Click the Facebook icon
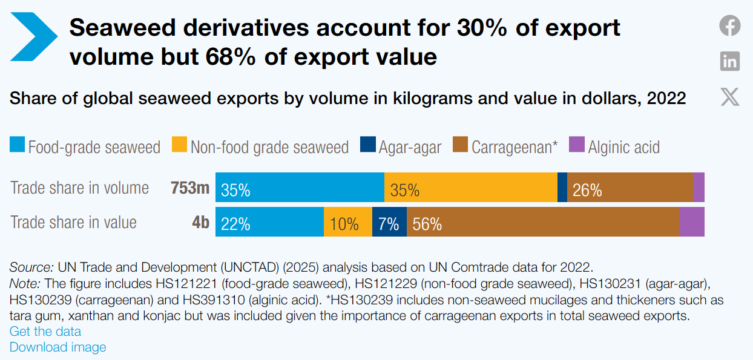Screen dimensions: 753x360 730,25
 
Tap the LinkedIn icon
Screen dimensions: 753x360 730,61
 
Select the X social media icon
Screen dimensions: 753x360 730,97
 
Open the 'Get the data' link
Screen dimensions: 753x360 45,332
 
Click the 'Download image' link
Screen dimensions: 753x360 58,347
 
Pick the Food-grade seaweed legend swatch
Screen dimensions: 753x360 17,144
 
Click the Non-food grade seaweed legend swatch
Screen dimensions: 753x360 179,144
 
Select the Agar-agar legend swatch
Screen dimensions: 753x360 368,144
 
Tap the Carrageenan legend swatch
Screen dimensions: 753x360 460,144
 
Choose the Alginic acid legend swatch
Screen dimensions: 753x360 577,144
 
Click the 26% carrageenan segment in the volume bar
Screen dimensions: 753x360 630,187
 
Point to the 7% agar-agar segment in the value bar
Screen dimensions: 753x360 389,222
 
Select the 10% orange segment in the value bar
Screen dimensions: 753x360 348,222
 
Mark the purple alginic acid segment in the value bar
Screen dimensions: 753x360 692,222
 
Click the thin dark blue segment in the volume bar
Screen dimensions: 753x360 562,187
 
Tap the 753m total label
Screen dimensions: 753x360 190,188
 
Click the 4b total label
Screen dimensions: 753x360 201,222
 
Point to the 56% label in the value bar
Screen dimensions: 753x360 427,224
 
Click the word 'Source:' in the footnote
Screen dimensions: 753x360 31,267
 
